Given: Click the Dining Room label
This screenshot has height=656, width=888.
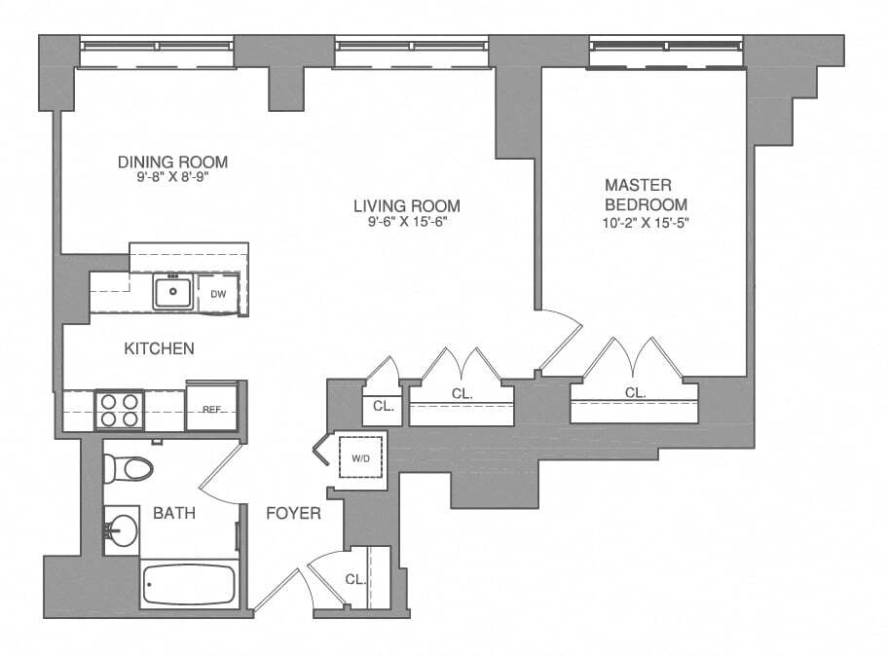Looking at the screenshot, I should (172, 162).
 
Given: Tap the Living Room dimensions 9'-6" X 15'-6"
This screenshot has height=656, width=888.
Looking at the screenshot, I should (406, 222).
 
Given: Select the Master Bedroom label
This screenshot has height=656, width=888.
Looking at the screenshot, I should (646, 195).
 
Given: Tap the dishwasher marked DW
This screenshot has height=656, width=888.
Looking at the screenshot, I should (218, 292).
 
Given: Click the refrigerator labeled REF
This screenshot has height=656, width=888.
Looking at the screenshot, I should (212, 410).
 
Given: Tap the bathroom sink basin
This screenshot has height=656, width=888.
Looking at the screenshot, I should (123, 531).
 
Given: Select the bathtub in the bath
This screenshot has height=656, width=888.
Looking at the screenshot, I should (189, 585).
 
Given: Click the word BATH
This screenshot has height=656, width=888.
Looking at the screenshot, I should (176, 513).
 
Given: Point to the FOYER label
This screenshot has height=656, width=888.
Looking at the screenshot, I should (293, 513).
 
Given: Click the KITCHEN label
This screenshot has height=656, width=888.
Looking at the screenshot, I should (159, 348).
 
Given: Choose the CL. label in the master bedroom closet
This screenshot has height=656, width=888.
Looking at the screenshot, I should (635, 393).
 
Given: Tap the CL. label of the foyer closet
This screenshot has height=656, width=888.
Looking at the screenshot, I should (355, 578).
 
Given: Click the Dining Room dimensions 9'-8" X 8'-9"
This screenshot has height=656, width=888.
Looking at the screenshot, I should (172, 179).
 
